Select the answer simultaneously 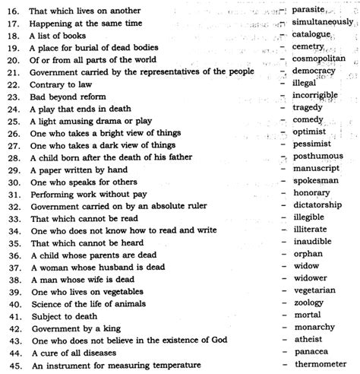[x=322, y=22]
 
